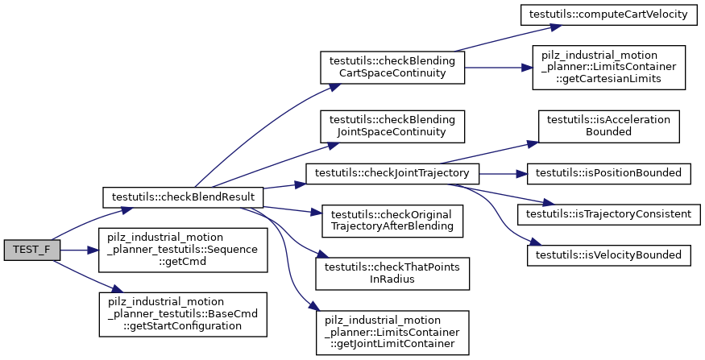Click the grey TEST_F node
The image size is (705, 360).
point(31,250)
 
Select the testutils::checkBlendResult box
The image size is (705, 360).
point(184,197)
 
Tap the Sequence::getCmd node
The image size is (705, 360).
point(184,250)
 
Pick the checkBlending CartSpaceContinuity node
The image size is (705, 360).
point(393,68)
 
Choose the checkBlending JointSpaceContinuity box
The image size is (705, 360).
point(393,126)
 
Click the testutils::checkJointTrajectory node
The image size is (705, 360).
point(393,172)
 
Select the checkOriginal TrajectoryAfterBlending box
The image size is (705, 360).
point(393,221)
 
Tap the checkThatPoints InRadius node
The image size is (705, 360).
point(393,272)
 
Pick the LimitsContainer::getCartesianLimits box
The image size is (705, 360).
point(608,68)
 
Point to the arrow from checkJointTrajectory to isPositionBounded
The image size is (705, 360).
point(504,172)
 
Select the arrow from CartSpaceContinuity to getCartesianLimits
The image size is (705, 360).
point(498,68)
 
